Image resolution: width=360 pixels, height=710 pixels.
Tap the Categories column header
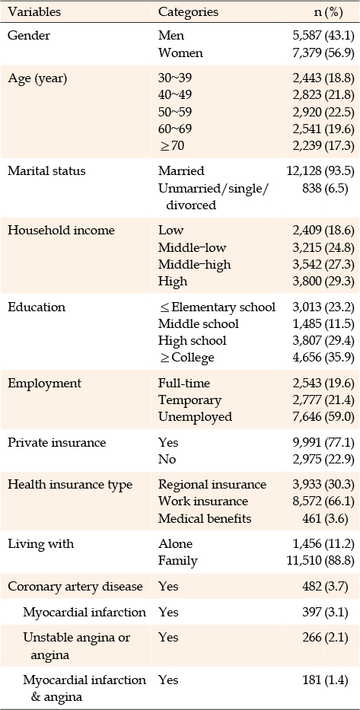[x=188, y=12]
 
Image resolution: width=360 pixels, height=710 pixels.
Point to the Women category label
[x=180, y=53]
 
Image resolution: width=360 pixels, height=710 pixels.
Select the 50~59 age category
[x=175, y=112]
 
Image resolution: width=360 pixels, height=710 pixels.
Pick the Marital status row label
[x=40, y=171]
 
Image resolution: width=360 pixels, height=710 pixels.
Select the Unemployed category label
[x=195, y=416]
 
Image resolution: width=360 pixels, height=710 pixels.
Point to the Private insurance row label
[x=44, y=442]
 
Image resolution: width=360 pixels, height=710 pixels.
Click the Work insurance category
[x=203, y=501]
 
